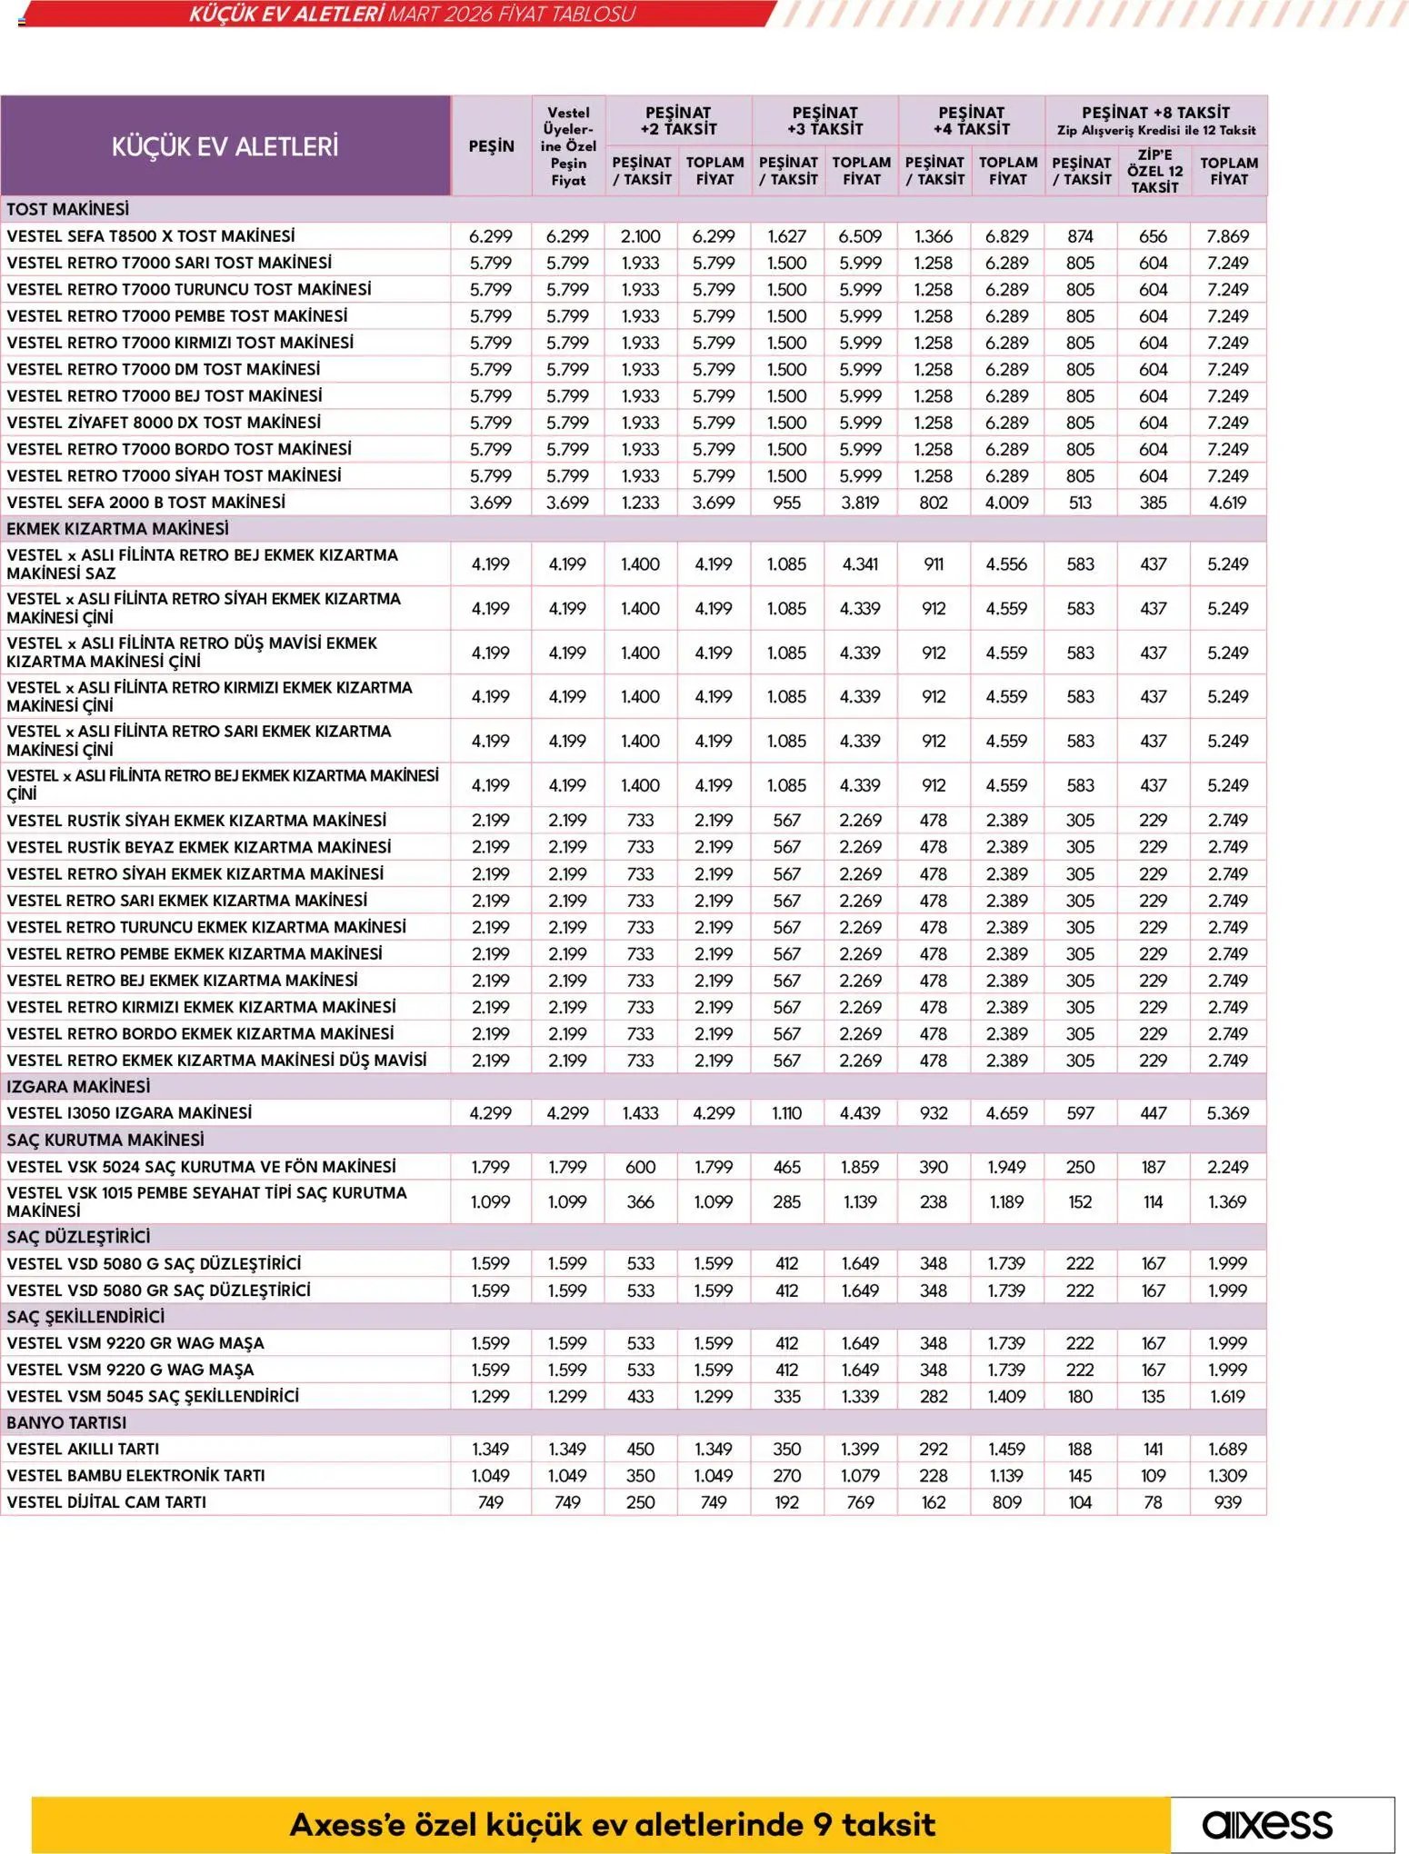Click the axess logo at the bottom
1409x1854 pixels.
[x=1267, y=1824]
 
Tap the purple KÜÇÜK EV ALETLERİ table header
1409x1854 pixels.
[x=225, y=146]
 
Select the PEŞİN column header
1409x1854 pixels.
[x=491, y=146]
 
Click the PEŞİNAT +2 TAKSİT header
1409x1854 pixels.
[x=678, y=121]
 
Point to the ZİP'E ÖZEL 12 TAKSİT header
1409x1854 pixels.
[x=1154, y=171]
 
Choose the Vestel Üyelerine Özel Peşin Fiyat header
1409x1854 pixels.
[x=568, y=146]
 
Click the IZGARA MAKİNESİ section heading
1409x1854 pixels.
[x=78, y=1087]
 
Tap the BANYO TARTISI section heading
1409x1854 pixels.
[x=66, y=1422]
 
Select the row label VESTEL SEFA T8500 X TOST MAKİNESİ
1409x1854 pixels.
[x=151, y=236]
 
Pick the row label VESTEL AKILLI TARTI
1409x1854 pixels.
[x=83, y=1449]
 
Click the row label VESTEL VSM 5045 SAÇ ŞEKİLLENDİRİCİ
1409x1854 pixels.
[x=153, y=1396]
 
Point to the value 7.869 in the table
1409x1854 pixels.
[x=1227, y=236]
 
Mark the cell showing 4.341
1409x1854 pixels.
[x=860, y=564]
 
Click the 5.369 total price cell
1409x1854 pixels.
[x=1227, y=1113]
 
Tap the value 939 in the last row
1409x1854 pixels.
[x=1227, y=1502]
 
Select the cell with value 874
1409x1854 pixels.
[x=1080, y=236]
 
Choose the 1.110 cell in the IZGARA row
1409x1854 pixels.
[x=786, y=1113]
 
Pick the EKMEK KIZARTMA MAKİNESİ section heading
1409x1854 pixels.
[x=117, y=529]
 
